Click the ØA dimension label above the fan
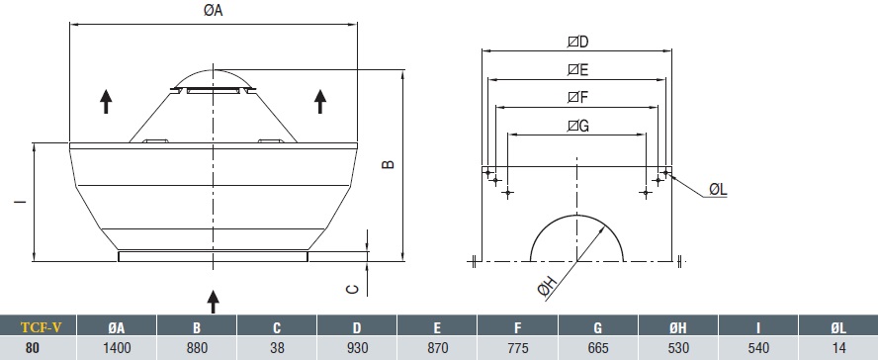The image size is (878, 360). (x=213, y=10)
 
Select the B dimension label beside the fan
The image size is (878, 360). (x=388, y=164)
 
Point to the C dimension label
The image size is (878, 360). (x=352, y=289)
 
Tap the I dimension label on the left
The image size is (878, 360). (x=21, y=201)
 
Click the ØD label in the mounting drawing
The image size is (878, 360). (x=577, y=42)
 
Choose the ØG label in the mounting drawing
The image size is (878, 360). (x=577, y=126)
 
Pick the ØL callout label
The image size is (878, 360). (x=718, y=190)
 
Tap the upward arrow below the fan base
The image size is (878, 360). (x=213, y=302)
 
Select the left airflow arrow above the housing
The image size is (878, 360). (x=106, y=102)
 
